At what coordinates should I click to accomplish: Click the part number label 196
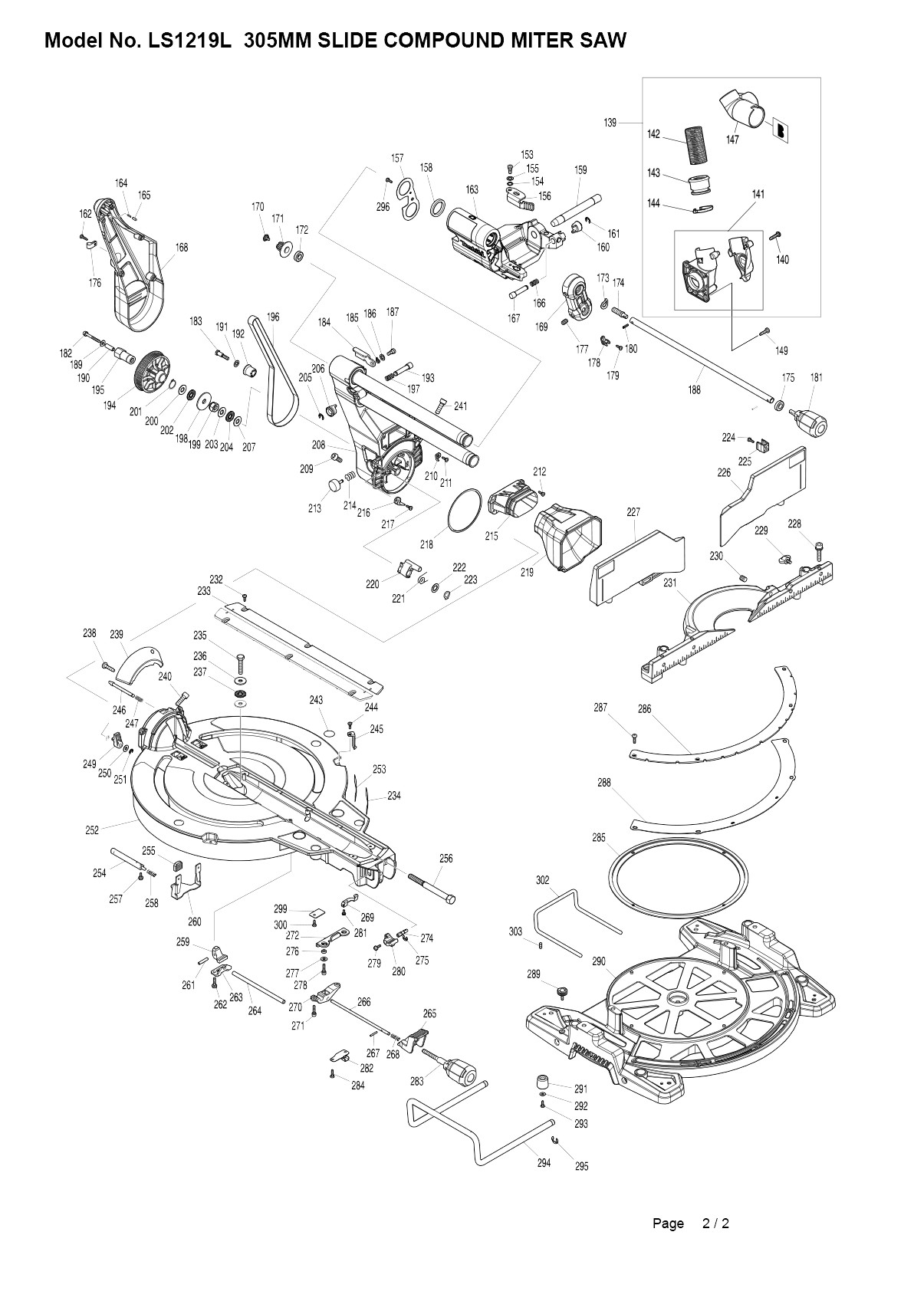(273, 317)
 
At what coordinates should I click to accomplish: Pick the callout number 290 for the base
(599, 961)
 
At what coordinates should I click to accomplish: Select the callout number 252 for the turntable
(92, 830)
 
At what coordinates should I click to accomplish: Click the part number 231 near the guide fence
(669, 583)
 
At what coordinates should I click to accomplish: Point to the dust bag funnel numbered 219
(568, 536)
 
